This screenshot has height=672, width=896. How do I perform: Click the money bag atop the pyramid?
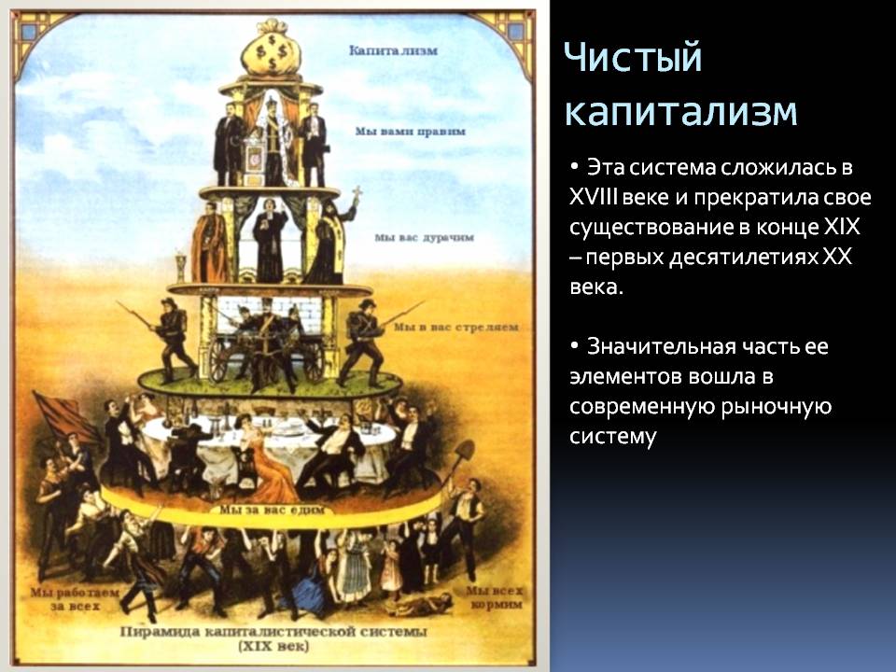tap(271, 48)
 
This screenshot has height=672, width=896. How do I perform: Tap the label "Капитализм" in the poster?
tap(393, 50)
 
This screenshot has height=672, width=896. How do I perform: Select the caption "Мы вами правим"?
tap(411, 132)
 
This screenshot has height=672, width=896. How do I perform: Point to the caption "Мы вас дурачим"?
tap(424, 237)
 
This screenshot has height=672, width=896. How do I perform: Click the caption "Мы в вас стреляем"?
tap(456, 328)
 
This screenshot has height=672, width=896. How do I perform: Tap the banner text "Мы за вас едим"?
tap(272, 510)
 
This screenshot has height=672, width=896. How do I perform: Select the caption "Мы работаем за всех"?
tap(75, 599)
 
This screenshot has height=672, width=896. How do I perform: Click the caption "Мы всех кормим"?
tap(494, 597)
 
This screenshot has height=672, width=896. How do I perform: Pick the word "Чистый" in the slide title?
tap(633, 57)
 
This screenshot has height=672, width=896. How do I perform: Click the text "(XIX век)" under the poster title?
tap(273, 647)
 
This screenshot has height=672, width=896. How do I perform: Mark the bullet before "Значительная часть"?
tap(574, 346)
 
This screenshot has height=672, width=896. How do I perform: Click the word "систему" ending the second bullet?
tap(612, 437)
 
